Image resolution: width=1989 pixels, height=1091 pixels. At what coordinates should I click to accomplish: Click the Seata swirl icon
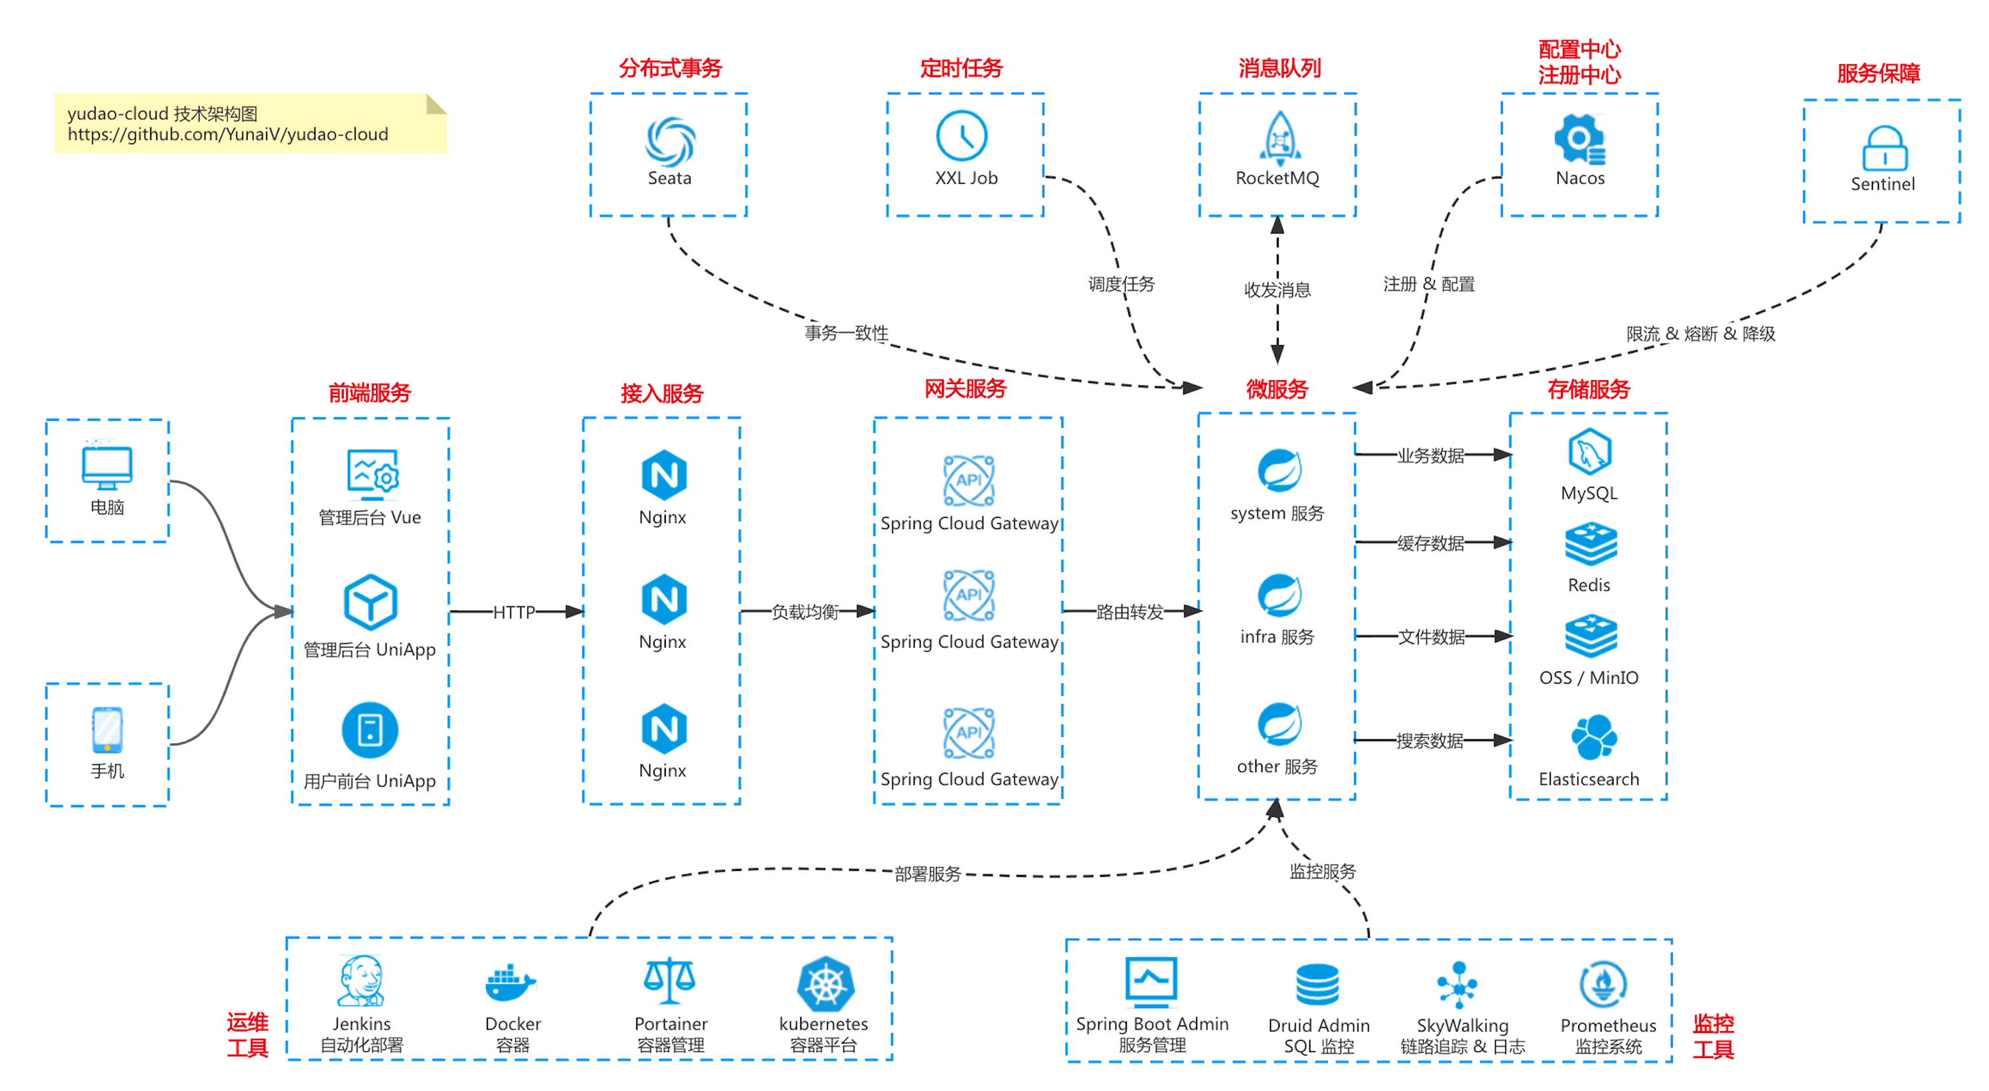pos(669,141)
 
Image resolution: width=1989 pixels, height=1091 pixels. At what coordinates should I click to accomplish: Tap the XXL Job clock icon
pos(962,136)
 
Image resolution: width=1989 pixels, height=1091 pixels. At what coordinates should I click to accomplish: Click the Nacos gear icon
pos(1579,139)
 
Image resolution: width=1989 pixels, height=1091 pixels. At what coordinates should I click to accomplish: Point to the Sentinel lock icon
pos(1884,148)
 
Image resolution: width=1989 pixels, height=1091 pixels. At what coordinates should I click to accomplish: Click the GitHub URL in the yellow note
pos(228,134)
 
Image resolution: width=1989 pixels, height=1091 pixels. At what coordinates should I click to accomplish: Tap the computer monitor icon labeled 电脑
pos(107,466)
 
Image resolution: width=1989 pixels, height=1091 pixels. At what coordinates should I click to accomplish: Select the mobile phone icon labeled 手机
pos(107,729)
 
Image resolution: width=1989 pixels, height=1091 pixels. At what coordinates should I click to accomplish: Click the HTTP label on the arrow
pos(514,612)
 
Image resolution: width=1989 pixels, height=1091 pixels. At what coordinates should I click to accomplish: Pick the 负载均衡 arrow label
pos(805,612)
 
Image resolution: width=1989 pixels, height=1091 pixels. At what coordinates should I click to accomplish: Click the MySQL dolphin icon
pos(1589,452)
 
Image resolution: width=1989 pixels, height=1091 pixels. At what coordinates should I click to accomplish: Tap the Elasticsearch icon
pos(1593,737)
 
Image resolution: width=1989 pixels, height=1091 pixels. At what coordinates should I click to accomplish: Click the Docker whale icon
pos(510,983)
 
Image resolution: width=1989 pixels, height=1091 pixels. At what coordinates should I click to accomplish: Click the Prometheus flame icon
pos(1603,984)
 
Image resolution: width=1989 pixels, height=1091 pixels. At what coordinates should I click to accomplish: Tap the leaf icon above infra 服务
pos(1278,594)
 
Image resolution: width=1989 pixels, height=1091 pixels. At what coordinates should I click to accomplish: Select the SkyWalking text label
pos(1461,1025)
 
